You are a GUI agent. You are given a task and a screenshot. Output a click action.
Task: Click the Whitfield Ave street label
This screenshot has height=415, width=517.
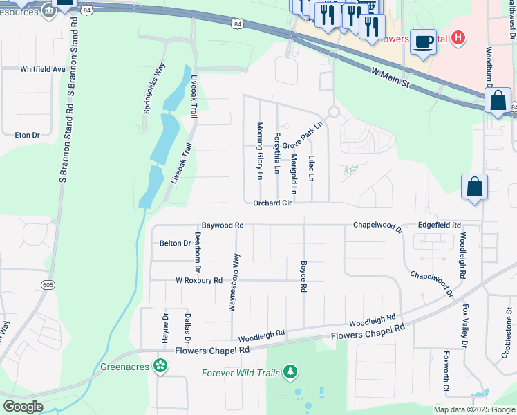pyautogui.click(x=42, y=69)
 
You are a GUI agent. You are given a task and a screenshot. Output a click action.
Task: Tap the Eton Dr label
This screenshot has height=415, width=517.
pyautogui.click(x=27, y=135)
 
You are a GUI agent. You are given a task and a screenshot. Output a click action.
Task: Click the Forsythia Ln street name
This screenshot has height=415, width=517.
pyautogui.click(x=277, y=153)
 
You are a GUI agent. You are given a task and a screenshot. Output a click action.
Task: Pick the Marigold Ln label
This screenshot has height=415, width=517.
pyautogui.click(x=294, y=174)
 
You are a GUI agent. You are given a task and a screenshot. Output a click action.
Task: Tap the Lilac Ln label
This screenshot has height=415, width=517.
pyautogui.click(x=311, y=168)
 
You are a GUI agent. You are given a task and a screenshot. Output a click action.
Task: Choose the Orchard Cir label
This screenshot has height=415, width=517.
pyautogui.click(x=272, y=203)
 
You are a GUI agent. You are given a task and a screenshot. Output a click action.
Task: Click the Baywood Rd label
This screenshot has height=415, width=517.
pyautogui.click(x=223, y=225)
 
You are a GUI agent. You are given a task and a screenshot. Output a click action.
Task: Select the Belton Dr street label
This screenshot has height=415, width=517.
pyautogui.click(x=175, y=243)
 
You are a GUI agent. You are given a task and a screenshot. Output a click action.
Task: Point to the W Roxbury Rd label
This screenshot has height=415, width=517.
pyautogui.click(x=199, y=281)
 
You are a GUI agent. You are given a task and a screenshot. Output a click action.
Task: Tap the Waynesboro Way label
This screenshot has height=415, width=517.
pyautogui.click(x=236, y=282)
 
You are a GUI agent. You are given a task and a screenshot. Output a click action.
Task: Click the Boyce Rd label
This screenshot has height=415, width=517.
pyautogui.click(x=303, y=276)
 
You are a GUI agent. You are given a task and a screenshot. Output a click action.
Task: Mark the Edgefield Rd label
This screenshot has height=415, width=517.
pyautogui.click(x=439, y=225)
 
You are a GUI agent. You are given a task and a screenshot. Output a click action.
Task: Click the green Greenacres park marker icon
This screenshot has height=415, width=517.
pyautogui.click(x=161, y=365)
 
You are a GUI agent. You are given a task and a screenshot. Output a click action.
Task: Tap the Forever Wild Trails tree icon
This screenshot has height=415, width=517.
pyautogui.click(x=291, y=373)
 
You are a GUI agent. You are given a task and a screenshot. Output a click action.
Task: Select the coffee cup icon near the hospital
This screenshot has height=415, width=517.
pyautogui.click(x=423, y=41)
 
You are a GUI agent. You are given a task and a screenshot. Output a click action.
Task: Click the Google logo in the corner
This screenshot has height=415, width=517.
pyautogui.click(x=22, y=406)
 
